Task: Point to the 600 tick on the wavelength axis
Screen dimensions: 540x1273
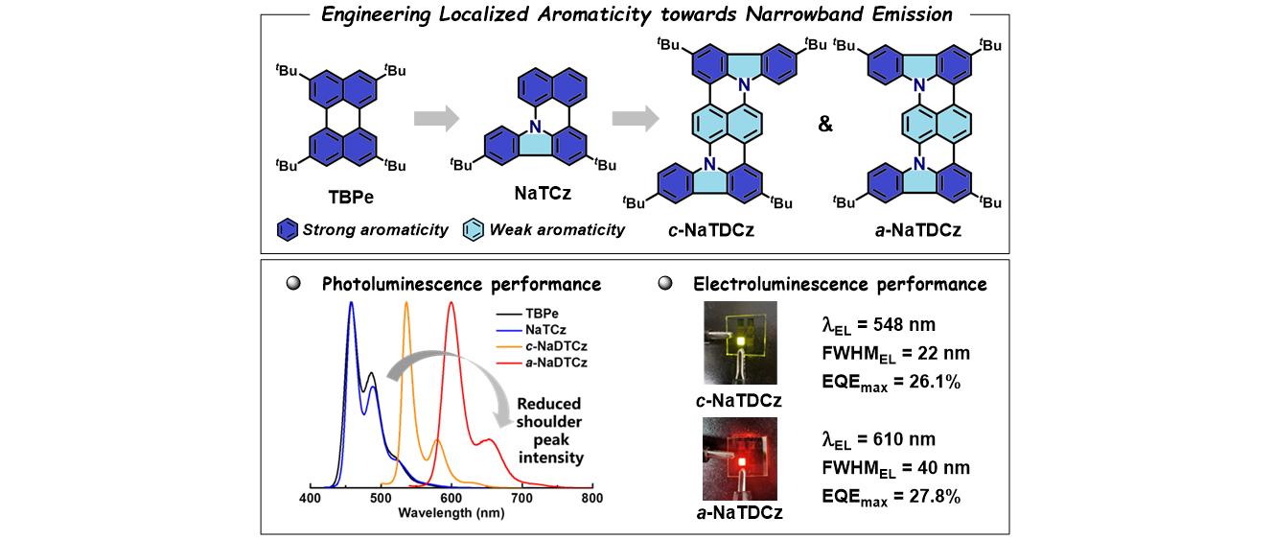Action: pos(451,500)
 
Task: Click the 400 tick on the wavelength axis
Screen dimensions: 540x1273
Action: pos(310,500)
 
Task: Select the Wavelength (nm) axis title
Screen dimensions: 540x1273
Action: pos(451,513)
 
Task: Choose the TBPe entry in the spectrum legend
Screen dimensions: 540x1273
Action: pos(543,313)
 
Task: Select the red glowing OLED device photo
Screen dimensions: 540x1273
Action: pos(741,458)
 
